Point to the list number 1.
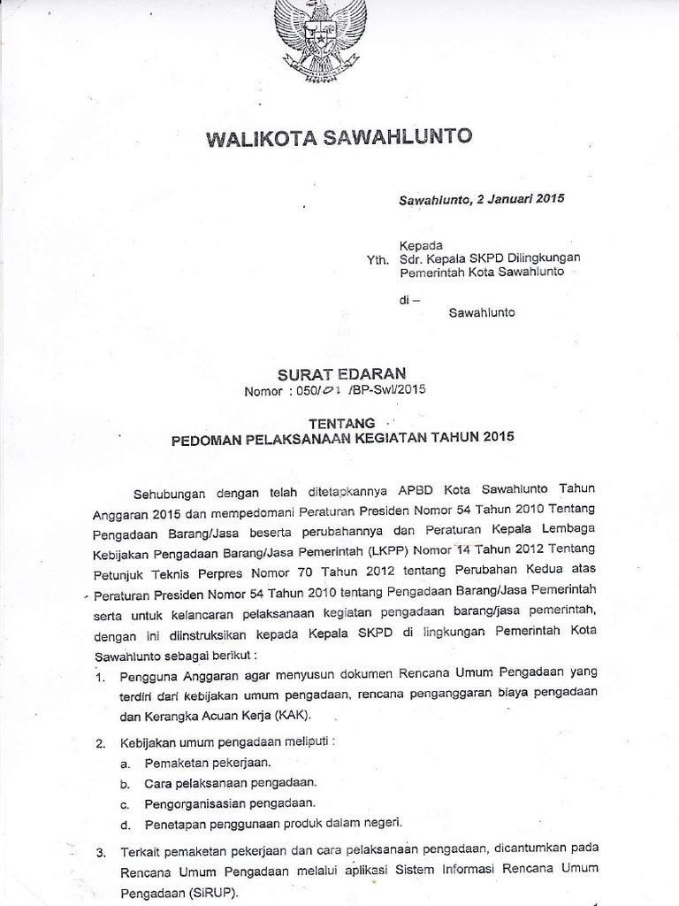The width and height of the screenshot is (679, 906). coord(101,678)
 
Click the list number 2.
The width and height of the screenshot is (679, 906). coord(101,741)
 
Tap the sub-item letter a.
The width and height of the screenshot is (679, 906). coord(126,762)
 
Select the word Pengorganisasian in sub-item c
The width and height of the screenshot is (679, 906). coord(189,803)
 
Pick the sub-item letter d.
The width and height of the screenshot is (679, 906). coord(126,825)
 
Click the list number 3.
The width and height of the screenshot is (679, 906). coord(101,853)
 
